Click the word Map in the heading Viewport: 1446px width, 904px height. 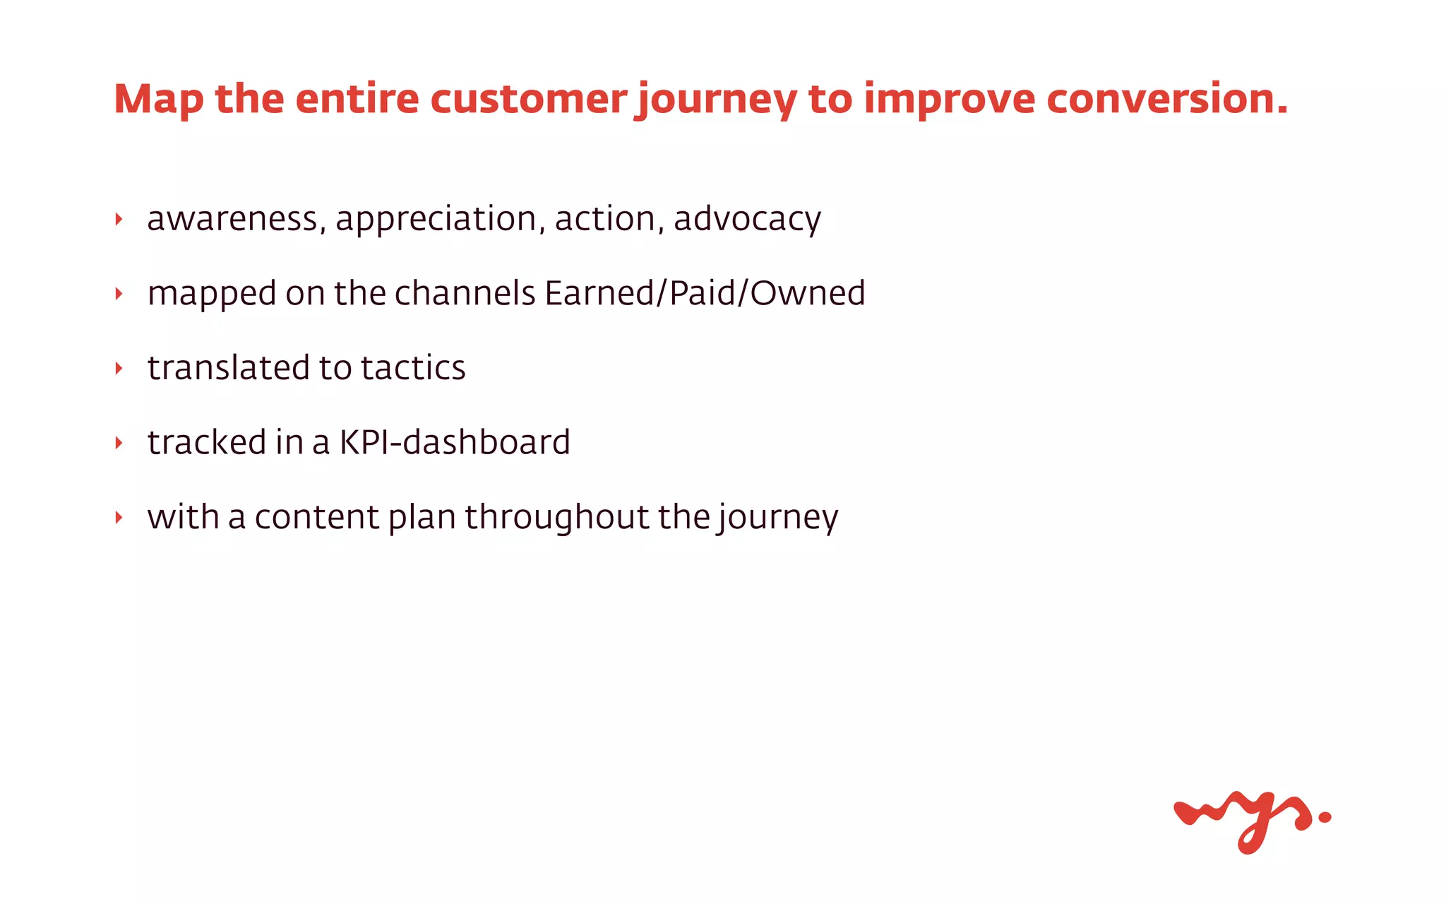coord(158,100)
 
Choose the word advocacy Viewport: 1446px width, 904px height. coord(747,219)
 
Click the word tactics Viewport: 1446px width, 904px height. coord(413,368)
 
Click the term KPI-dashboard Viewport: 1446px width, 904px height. coord(455,443)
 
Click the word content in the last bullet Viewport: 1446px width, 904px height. coord(316,518)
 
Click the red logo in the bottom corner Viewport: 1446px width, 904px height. coord(1243,819)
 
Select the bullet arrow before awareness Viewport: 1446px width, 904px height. coord(119,220)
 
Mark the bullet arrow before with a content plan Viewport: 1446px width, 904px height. coord(119,518)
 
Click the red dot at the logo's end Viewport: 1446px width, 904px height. coord(1325,817)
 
